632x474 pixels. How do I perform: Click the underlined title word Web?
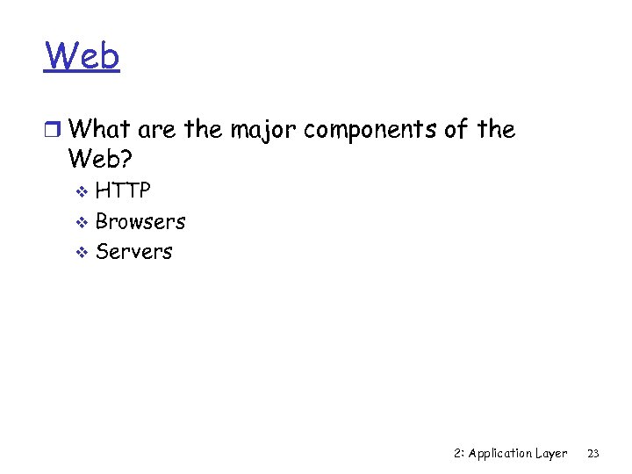tap(83, 57)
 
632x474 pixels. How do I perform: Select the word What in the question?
tap(99, 130)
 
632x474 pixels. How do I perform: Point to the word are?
tap(157, 131)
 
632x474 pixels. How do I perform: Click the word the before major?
tap(204, 130)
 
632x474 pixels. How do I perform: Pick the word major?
tap(262, 132)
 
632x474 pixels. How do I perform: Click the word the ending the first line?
tap(496, 130)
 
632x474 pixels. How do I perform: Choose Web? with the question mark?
tap(104, 160)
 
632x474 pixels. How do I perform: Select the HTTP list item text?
tap(123, 190)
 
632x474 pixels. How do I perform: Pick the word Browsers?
tap(140, 221)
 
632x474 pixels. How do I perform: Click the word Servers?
tap(134, 251)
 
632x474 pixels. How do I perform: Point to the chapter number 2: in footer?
tap(459, 454)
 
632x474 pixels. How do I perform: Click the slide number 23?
tap(593, 454)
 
